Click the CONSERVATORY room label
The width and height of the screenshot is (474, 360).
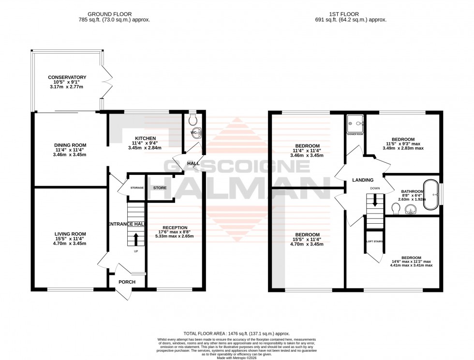pos(67,77)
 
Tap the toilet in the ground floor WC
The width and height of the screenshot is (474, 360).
pos(193,118)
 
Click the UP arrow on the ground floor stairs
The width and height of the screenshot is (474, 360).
pos(135,238)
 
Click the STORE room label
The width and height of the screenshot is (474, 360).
pos(160,187)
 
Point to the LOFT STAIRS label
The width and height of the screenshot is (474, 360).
pos(374,240)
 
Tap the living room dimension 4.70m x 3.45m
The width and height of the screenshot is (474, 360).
pos(70,244)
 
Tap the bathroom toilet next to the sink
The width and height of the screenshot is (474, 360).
pos(395,208)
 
